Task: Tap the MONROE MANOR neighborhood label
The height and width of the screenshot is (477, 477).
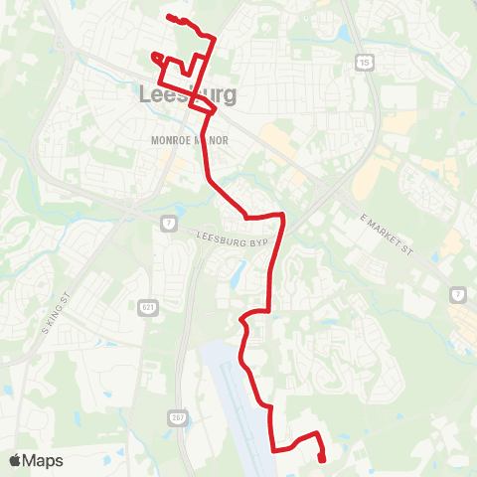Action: [x=189, y=141]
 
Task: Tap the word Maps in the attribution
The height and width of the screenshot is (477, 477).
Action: [x=44, y=460]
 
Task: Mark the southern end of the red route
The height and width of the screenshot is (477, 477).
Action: [x=323, y=458]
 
